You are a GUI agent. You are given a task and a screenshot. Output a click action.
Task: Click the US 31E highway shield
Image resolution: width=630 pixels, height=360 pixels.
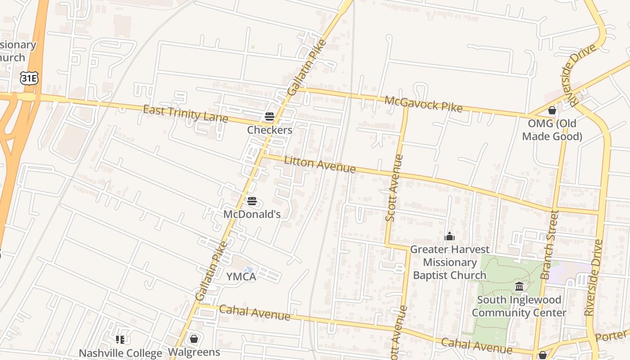(x=29, y=78)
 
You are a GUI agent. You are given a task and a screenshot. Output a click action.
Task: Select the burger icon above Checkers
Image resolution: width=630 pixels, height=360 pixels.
(x=270, y=117)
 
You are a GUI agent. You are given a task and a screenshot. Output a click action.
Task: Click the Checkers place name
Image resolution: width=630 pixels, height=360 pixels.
(x=270, y=130)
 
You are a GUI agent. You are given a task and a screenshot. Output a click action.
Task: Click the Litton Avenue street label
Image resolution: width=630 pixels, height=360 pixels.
(x=319, y=164)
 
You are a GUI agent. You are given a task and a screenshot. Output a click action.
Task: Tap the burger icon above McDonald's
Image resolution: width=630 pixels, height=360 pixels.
(x=252, y=201)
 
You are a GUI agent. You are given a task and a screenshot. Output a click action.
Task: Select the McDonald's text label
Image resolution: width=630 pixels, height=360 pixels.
(x=252, y=214)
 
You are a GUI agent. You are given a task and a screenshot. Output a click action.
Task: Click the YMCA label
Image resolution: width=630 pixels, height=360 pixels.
(x=241, y=277)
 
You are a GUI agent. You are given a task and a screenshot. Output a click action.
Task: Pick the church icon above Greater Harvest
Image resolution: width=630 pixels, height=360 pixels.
(x=449, y=237)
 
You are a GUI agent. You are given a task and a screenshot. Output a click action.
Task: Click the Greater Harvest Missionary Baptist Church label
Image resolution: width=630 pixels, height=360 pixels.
(x=450, y=262)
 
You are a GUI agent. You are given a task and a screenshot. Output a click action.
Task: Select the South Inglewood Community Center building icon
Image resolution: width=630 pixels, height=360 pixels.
(x=519, y=287)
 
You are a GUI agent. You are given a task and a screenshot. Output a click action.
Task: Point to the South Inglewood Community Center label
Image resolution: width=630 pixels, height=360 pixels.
(x=519, y=306)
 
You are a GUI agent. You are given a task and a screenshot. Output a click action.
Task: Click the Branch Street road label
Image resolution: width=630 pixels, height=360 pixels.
(x=549, y=245)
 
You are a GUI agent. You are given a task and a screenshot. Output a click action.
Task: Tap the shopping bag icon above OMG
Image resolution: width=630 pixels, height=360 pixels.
(x=552, y=110)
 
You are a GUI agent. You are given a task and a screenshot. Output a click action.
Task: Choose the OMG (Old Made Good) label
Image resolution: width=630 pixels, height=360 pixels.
(x=552, y=130)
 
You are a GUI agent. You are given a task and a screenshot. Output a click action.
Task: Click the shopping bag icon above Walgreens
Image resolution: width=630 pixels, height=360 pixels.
(x=194, y=339)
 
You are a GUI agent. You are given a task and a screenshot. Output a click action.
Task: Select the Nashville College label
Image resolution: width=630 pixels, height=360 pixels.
(x=120, y=353)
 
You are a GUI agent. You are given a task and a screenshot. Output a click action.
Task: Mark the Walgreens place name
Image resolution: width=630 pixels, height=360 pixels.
(x=194, y=352)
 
